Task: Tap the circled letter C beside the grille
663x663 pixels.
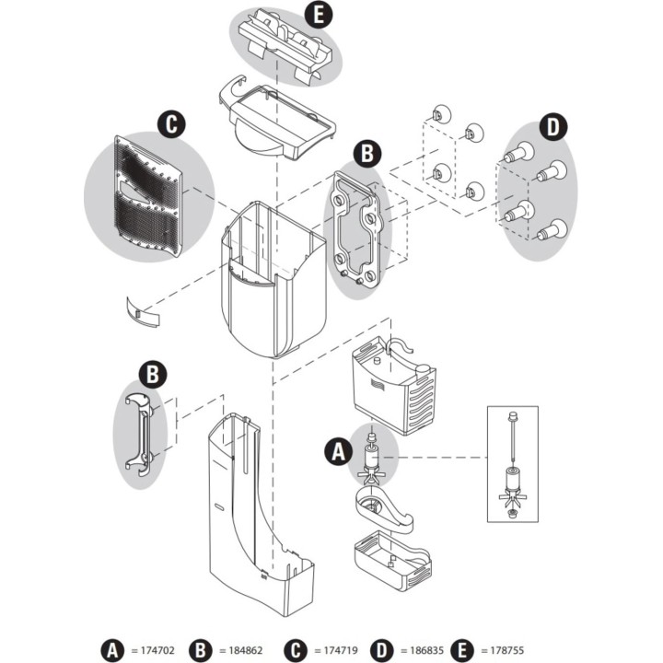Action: click(x=168, y=123)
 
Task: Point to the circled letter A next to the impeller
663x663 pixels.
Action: click(x=338, y=451)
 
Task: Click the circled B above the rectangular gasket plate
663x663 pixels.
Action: click(x=368, y=154)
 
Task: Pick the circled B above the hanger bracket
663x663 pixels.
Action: click(x=153, y=373)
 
